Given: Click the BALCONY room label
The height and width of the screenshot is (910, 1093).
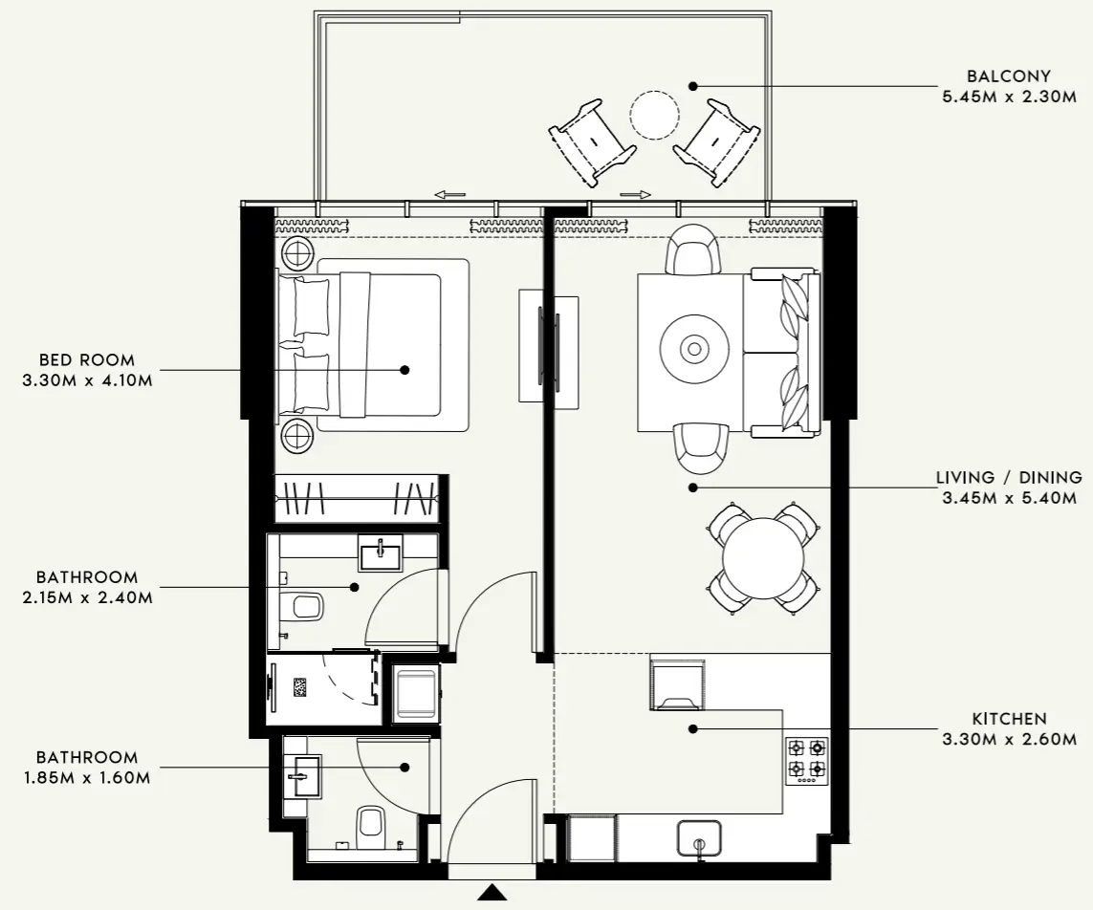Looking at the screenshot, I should pos(1008,76).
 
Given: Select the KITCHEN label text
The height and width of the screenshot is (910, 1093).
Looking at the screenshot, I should pos(1009,719).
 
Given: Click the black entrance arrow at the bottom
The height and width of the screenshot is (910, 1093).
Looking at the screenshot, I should pos(492,893).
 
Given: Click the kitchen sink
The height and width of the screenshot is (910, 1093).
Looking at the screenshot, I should pos(699,839).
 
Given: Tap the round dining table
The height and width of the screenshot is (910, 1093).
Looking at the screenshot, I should pos(763,557).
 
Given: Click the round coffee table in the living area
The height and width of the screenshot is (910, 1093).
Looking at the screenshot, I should pos(695,349).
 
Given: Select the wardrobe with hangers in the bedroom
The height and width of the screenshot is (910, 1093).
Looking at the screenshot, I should pos(356,498).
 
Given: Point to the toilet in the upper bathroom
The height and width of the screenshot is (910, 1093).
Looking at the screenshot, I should pos(305,606).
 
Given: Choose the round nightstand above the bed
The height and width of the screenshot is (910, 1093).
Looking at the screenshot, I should pos(297,253).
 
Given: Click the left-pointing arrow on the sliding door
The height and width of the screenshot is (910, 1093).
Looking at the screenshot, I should pos(449,195).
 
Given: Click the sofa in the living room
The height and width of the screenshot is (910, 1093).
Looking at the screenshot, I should pos(783,354).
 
